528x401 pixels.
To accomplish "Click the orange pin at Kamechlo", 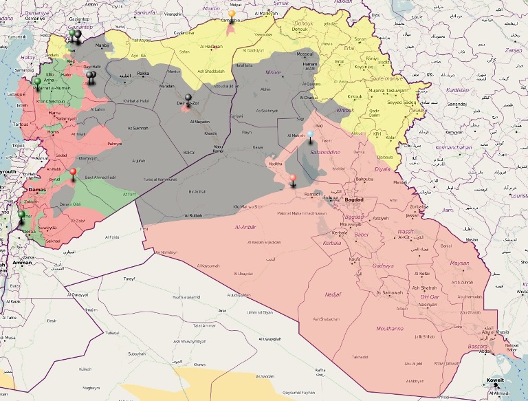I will [x=232, y=14].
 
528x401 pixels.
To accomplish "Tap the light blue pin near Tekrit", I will [x=310, y=136].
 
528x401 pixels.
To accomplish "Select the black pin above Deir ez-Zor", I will [x=188, y=98].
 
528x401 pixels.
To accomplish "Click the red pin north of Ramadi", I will [x=292, y=179].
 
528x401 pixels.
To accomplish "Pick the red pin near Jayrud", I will [x=73, y=171].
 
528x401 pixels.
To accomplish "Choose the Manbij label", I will [x=102, y=46].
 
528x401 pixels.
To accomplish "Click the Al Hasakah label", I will [x=211, y=46].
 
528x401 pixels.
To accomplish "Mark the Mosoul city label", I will [x=304, y=53].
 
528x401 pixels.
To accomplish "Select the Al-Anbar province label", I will [x=246, y=226].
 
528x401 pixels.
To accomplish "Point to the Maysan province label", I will [x=459, y=263].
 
